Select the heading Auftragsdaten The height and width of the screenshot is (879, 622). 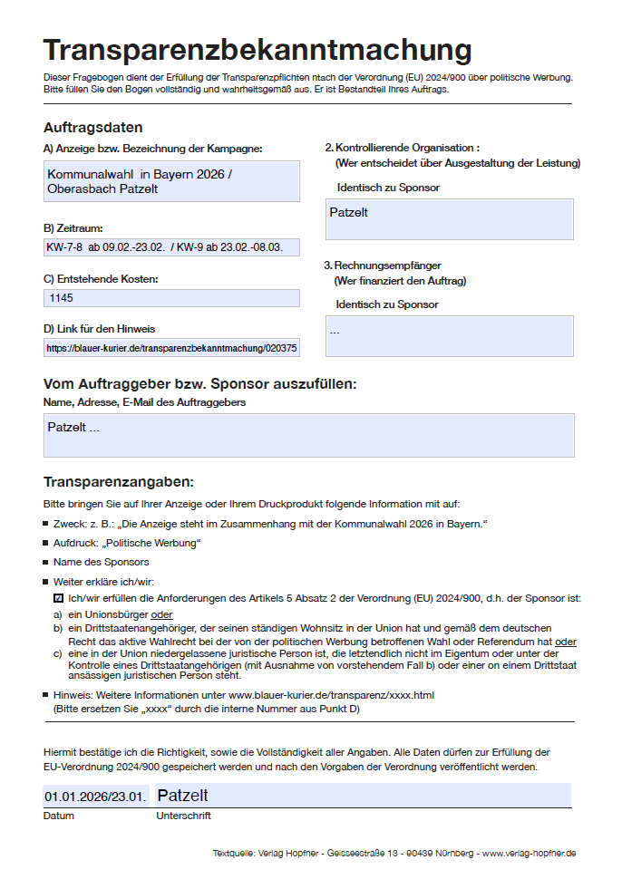92,128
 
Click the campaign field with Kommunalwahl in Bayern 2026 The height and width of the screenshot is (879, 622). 171,181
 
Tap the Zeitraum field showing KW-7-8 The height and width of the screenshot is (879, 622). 171,247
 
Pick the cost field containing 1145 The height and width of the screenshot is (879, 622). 171,298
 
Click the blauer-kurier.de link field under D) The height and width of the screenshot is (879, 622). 171,347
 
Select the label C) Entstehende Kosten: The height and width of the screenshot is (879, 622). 101,279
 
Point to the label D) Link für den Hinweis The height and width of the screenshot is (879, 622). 105,329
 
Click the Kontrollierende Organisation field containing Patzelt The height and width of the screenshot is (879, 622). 449,219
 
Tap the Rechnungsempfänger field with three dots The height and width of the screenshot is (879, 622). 449,336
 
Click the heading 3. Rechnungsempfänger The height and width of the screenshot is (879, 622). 383,266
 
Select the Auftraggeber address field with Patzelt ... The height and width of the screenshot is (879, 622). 308,435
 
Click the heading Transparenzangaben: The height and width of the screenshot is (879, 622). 119,481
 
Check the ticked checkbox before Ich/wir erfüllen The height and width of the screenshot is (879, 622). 59,598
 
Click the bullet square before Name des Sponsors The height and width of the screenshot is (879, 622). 46,563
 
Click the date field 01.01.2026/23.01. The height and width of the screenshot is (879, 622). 96,797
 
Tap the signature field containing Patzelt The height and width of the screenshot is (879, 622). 363,796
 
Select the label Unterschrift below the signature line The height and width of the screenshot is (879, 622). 184,816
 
